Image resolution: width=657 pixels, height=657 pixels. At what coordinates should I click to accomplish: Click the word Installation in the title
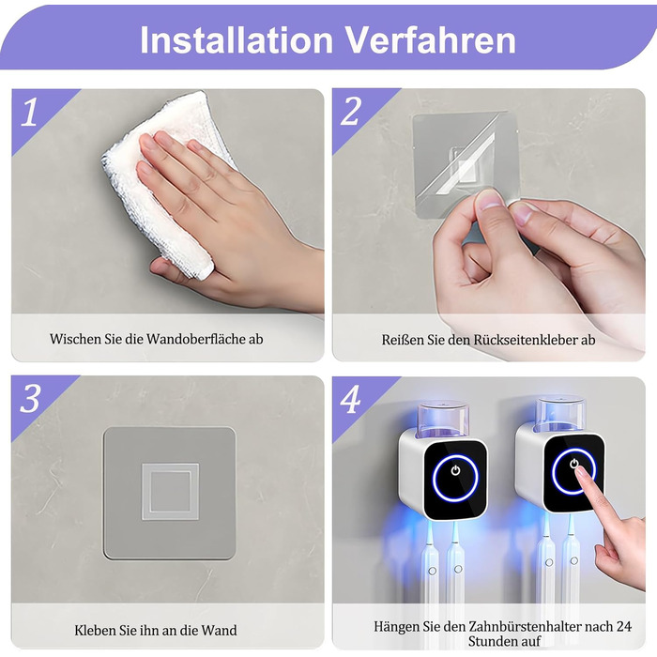[x=237, y=39]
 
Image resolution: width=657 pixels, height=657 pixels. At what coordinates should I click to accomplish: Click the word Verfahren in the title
[x=430, y=39]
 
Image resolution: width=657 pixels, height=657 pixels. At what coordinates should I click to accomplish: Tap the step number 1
[x=30, y=112]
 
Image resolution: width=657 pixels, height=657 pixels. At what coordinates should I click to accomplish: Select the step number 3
[x=30, y=398]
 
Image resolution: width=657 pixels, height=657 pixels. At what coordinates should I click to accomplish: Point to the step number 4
[x=350, y=399]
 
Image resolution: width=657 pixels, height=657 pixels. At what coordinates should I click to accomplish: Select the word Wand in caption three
[x=219, y=630]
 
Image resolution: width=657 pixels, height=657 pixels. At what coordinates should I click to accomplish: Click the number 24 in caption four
[x=624, y=626]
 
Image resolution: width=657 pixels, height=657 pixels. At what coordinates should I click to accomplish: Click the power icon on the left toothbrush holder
[x=455, y=470]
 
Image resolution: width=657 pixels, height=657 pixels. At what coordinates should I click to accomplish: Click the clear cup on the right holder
[x=560, y=415]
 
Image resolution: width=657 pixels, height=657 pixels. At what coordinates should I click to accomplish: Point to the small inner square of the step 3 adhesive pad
[x=170, y=492]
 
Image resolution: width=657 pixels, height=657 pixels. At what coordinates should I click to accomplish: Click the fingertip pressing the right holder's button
[x=581, y=473]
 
